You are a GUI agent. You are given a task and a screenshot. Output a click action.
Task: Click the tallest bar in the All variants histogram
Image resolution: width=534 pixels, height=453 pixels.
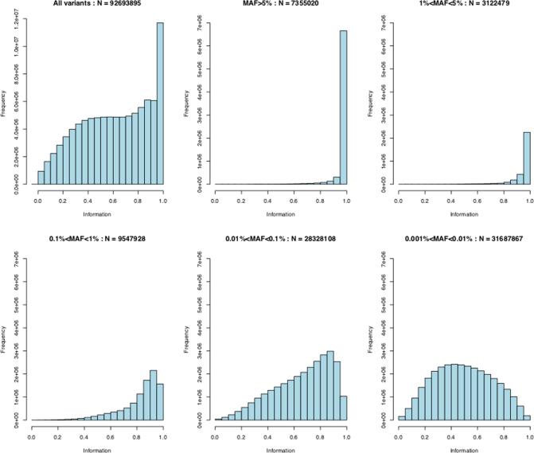point(160,103)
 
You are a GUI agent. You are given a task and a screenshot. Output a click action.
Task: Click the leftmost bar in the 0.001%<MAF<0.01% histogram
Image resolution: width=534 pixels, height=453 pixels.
point(402,417)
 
